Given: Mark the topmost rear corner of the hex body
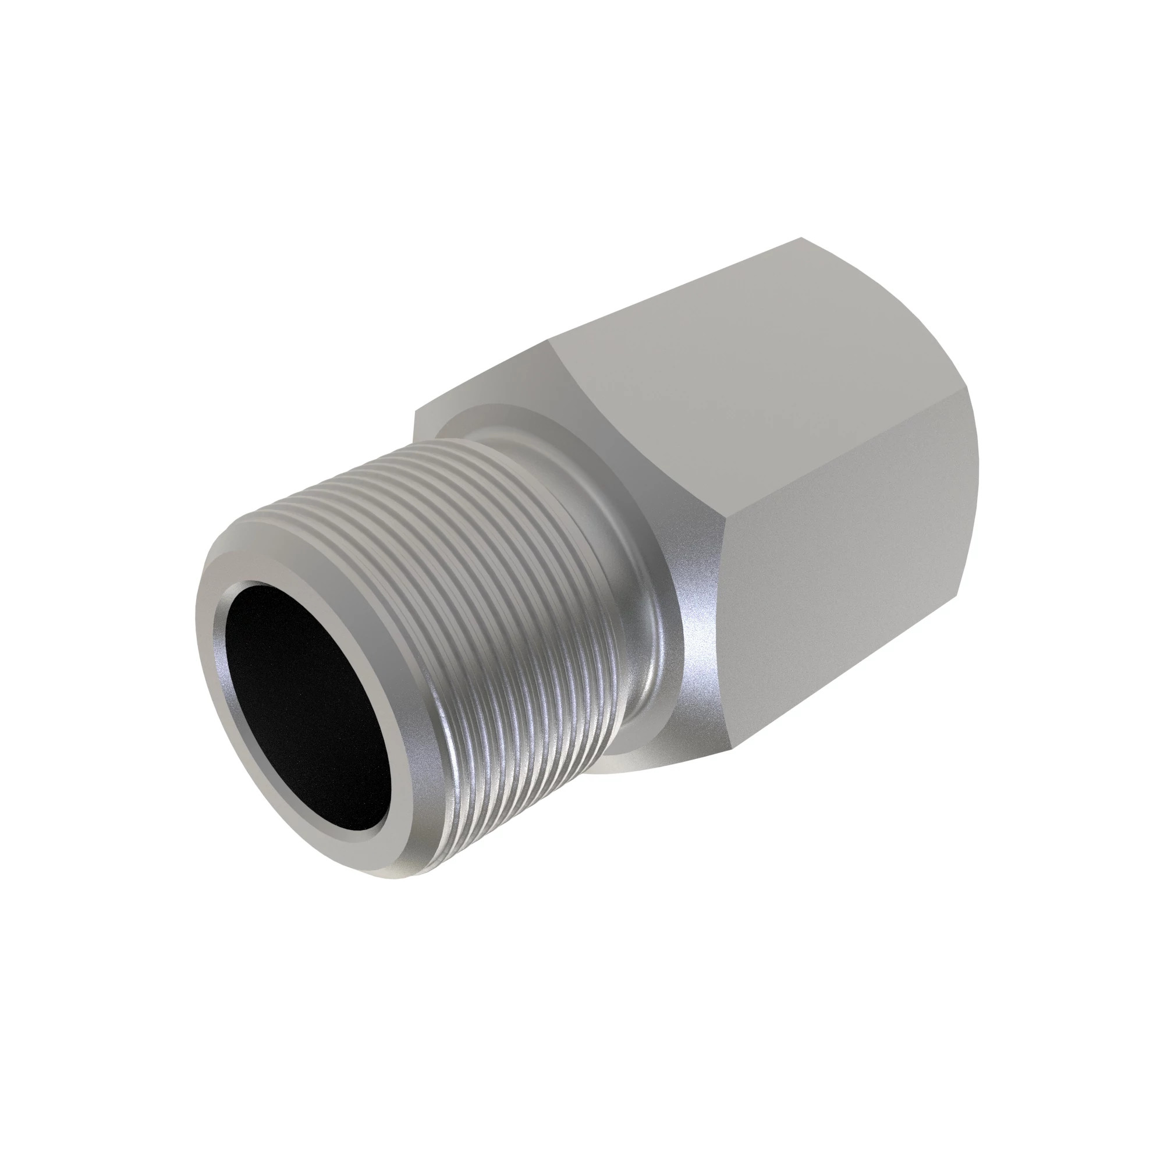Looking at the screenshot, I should (801, 238).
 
